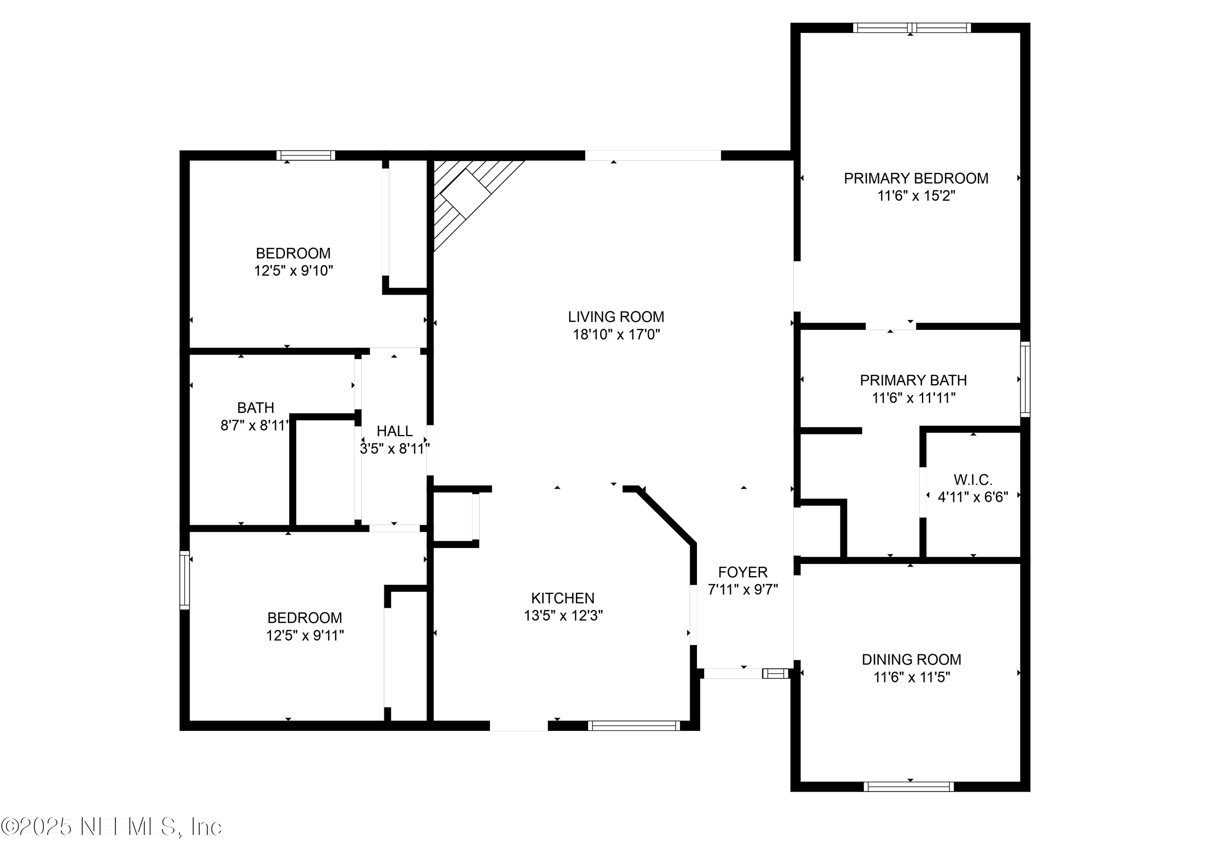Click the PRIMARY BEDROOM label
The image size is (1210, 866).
point(916,178)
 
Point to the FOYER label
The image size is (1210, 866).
point(743,572)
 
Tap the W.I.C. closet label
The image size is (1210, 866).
point(972,479)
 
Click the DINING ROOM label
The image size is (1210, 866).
point(911,660)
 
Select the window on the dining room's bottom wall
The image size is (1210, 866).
point(909,787)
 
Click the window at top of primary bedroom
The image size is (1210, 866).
point(911,28)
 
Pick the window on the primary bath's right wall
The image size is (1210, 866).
point(1025,379)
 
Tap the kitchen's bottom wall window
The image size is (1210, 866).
point(634,726)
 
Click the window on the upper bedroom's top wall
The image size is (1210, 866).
point(306,155)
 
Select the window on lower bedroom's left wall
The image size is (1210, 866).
point(185,580)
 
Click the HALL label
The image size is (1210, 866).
point(394,431)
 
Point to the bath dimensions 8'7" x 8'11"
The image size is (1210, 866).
point(255,425)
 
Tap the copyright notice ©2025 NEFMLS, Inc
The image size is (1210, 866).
point(111,827)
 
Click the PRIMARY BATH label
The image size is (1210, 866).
point(913,380)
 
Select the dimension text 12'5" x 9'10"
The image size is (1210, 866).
point(294,271)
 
